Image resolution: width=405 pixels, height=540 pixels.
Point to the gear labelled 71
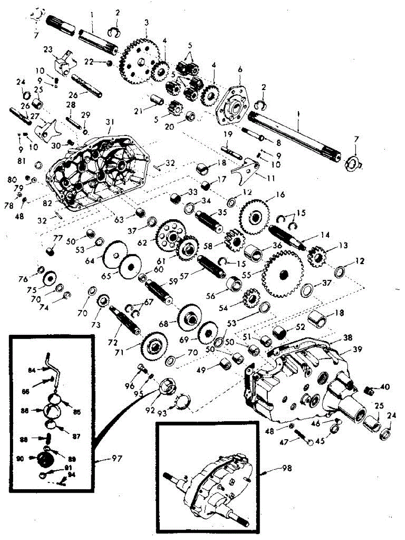point(155,346)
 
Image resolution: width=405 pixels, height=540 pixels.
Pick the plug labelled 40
point(369,388)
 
